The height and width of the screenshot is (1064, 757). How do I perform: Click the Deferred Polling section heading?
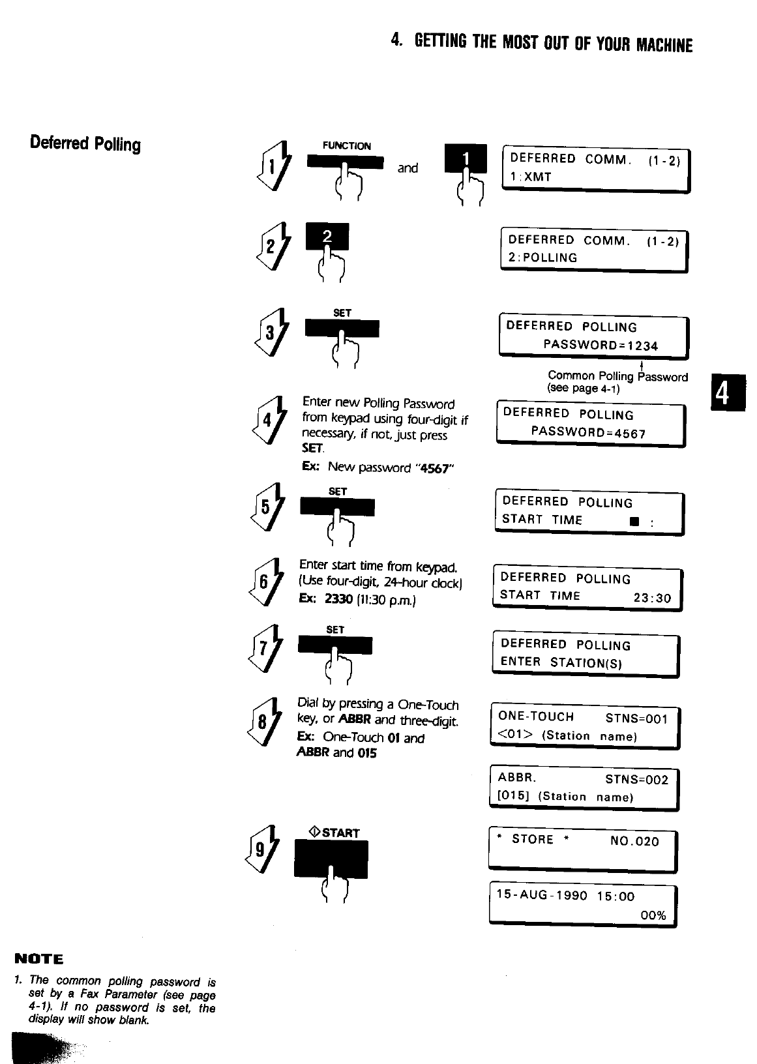point(85,143)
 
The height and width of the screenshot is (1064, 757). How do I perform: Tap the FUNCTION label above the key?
point(346,146)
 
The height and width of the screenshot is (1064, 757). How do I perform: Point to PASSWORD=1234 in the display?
point(601,346)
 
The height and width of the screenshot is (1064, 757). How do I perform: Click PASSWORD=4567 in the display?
point(588,433)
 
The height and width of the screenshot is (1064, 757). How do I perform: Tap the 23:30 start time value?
point(652,598)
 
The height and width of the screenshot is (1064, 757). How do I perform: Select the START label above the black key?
point(334,833)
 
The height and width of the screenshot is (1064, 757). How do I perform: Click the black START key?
point(331,859)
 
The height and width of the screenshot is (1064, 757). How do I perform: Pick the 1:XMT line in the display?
point(531,177)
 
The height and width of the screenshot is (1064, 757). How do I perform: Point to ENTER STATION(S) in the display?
point(561,662)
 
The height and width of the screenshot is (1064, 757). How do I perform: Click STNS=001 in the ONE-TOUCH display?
point(636,718)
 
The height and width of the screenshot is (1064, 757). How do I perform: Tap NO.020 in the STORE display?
point(634,841)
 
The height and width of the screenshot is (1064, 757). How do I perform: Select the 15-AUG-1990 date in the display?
point(542,896)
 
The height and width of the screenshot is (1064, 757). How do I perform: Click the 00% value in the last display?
point(653,915)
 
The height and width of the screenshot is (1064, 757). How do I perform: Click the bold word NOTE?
point(39,958)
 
